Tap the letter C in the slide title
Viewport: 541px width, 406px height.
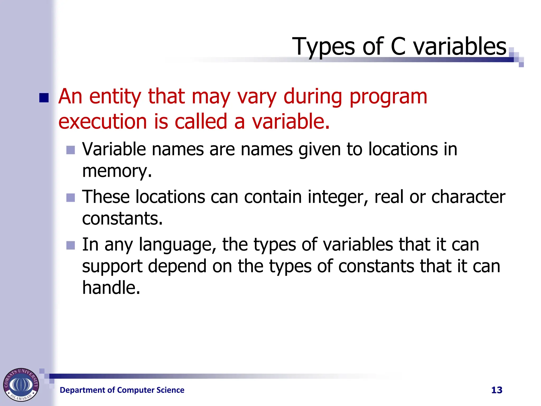[x=398, y=47]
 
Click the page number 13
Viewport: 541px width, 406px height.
[x=497, y=390]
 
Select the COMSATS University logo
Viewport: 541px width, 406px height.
[x=21, y=385]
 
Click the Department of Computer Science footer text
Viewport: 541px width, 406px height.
[x=122, y=390]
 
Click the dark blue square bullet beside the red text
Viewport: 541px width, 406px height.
[x=44, y=98]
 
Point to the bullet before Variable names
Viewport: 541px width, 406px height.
[x=71, y=150]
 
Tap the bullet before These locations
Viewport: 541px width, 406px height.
[x=71, y=197]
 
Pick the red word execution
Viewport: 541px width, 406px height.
[x=102, y=122]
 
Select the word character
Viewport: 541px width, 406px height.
[x=468, y=197]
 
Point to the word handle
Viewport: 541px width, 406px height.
[x=111, y=288]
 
